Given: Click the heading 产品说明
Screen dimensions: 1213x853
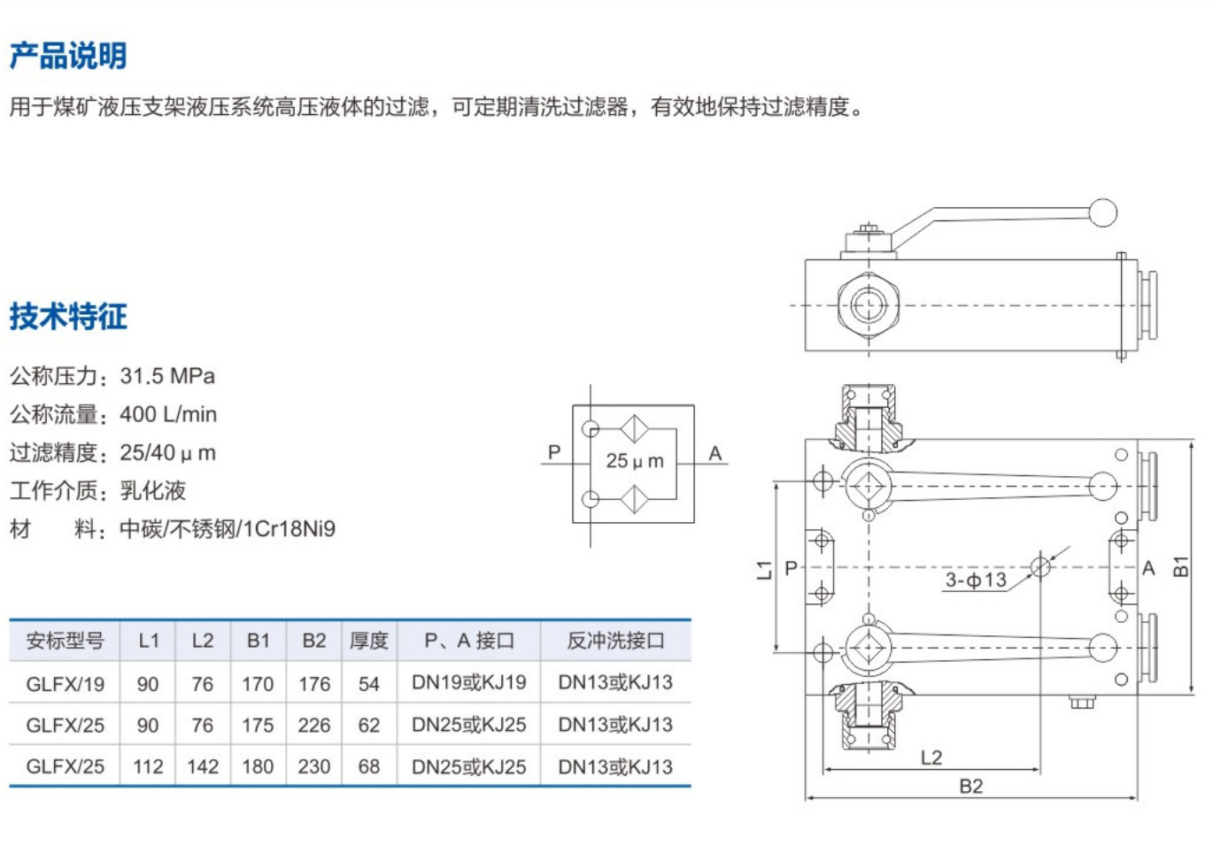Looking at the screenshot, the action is (68, 56).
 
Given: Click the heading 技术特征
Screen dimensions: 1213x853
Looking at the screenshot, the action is (68, 316).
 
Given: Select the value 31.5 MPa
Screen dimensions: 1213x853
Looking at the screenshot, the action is (167, 376).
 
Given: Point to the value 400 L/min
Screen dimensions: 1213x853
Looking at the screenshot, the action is (168, 415).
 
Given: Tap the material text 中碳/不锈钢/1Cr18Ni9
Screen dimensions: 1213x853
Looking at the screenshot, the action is (228, 529).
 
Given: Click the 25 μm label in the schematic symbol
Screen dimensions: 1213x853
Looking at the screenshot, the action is (635, 461).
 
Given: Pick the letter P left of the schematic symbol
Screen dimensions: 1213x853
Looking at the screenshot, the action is (554, 452).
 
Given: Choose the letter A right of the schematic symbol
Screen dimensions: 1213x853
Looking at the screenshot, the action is (715, 454).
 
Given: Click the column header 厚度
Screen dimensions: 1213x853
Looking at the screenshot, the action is (369, 641).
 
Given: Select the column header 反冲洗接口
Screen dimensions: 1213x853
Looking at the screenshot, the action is (615, 641).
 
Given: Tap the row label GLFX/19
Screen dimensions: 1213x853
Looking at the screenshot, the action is (65, 684).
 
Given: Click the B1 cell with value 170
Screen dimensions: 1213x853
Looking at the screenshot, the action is (258, 684).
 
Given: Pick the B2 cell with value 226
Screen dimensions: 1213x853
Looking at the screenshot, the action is (314, 726).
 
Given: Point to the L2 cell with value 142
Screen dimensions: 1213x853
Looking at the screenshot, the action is (203, 766).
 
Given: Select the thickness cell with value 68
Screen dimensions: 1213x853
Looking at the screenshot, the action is (369, 766).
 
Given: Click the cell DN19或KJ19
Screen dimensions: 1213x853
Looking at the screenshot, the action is (469, 682).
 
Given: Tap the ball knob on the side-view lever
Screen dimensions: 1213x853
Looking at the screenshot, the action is (1102, 212).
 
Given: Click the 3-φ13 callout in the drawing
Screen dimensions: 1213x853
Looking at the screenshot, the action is (976, 580).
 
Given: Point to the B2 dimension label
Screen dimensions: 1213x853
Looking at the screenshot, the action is (971, 786).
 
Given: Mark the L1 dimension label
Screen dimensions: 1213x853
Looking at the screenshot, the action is (764, 570).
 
